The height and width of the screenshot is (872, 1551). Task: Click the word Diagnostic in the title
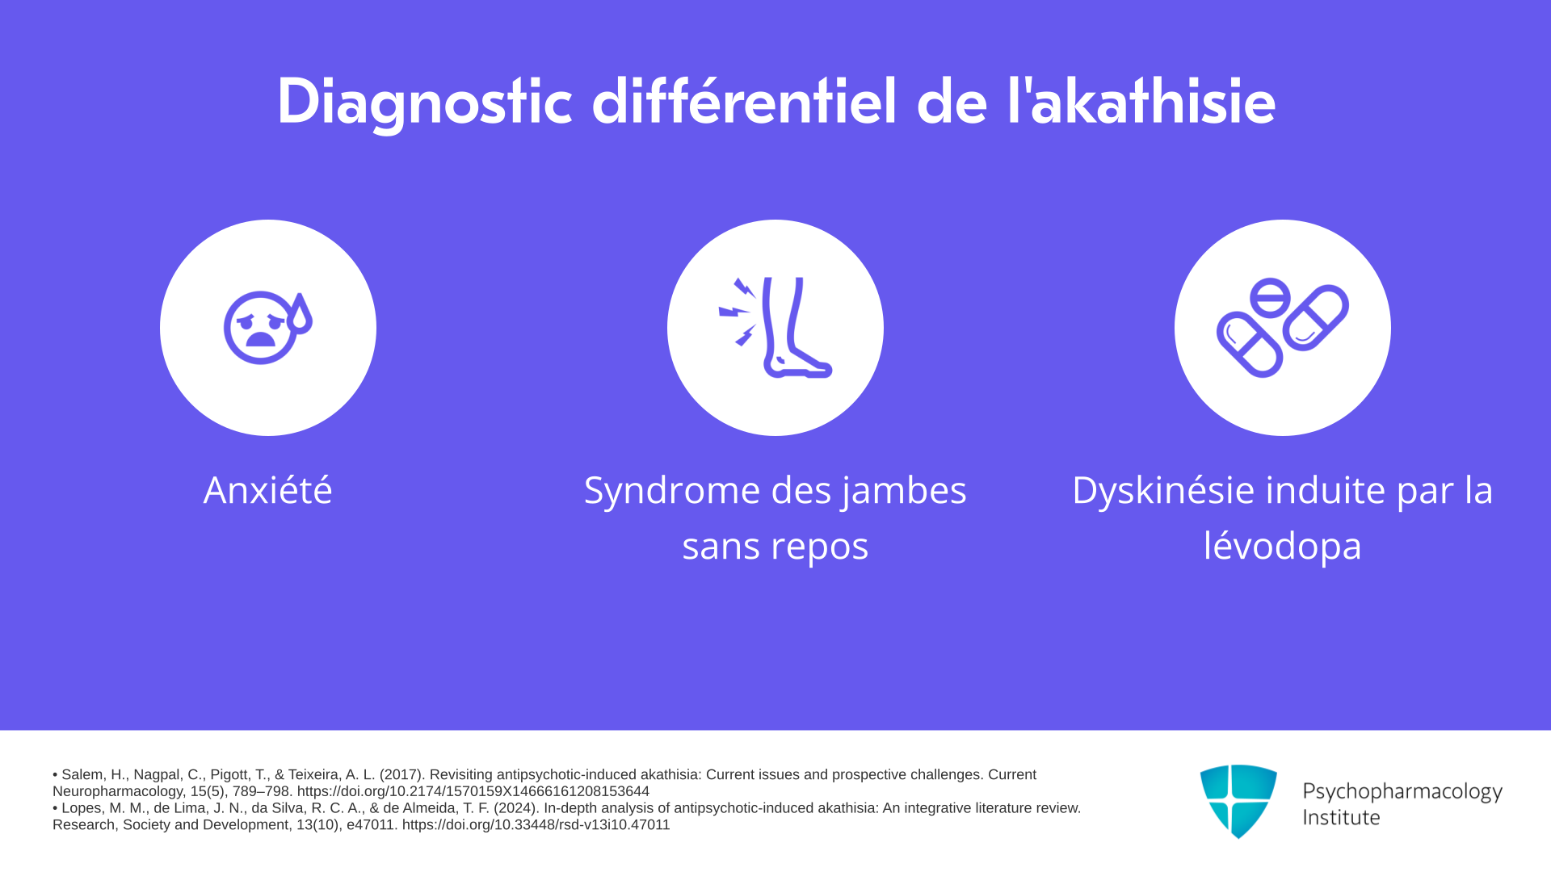pyautogui.click(x=425, y=103)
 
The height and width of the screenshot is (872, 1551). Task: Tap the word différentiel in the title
pyautogui.click(x=744, y=101)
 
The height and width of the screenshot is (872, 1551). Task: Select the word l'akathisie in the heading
pyautogui.click(x=1141, y=101)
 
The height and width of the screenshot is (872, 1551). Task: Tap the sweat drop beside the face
pyautogui.click(x=300, y=314)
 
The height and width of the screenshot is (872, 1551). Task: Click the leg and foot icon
pyautogui.click(x=796, y=328)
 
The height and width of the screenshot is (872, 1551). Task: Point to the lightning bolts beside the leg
pyautogui.click(x=738, y=312)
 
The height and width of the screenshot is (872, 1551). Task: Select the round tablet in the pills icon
pyautogui.click(x=1270, y=297)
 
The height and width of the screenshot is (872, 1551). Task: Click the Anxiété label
pyautogui.click(x=267, y=490)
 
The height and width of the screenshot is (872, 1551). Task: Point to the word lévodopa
pyautogui.click(x=1283, y=546)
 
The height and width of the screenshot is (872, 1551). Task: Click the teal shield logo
pyautogui.click(x=1238, y=802)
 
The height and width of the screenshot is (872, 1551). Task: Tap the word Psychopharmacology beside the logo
pyautogui.click(x=1402, y=792)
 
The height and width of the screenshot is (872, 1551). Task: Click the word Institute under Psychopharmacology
pyautogui.click(x=1341, y=817)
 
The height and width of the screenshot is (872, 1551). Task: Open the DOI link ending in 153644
pyautogui.click(x=473, y=791)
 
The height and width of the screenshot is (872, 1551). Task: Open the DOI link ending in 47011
pyautogui.click(x=536, y=824)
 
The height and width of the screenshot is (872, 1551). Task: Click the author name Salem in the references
pyautogui.click(x=83, y=774)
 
